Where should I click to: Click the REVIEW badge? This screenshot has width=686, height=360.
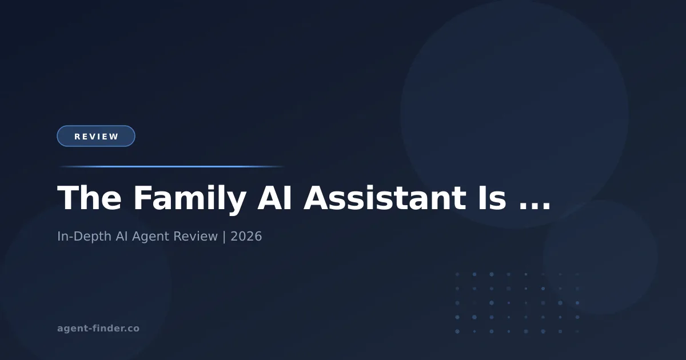(x=96, y=136)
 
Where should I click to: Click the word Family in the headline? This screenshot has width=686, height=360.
(x=190, y=199)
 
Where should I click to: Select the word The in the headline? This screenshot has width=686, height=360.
(x=89, y=199)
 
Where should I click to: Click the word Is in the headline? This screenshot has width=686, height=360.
(x=491, y=199)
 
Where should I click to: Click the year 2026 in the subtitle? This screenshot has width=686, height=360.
(x=246, y=236)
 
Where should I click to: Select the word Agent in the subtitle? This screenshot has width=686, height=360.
(x=150, y=236)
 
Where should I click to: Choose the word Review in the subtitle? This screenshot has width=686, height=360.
(x=195, y=236)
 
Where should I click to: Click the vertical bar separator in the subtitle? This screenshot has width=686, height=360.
(x=224, y=236)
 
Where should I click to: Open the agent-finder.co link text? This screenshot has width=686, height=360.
(x=98, y=329)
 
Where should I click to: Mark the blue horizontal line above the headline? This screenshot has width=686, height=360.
(x=171, y=166)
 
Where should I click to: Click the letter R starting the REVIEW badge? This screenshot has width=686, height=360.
(x=78, y=137)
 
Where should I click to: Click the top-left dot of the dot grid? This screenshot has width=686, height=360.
(x=457, y=274)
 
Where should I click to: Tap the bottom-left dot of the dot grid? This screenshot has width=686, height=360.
(x=457, y=331)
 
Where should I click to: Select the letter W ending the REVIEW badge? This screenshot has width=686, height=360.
(x=115, y=137)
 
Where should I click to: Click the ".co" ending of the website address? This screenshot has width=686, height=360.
(x=132, y=329)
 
